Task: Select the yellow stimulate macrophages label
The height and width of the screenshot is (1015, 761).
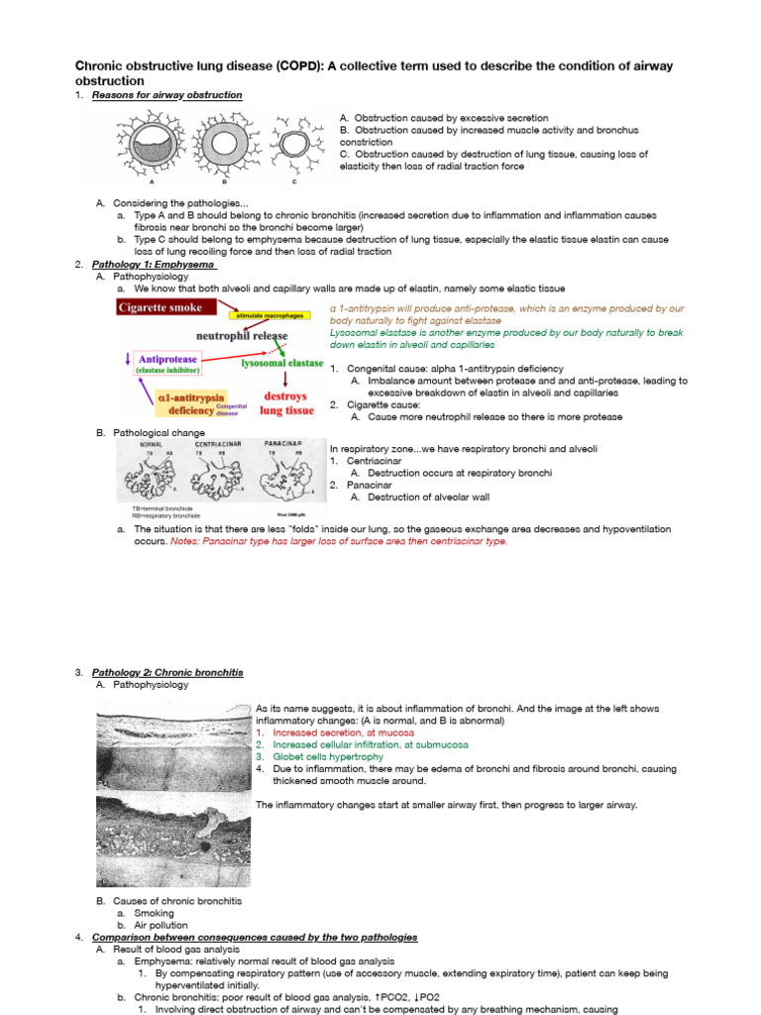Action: point(272,315)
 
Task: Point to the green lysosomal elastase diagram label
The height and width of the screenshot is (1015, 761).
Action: point(281,363)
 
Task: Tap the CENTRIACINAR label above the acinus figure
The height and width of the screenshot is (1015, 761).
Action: point(217,446)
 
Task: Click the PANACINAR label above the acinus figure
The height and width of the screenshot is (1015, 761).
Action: point(288,446)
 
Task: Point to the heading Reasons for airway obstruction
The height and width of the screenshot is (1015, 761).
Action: point(166,95)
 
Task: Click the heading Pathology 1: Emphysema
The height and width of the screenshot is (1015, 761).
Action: point(154,265)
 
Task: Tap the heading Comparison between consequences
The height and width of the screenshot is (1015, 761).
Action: point(254,937)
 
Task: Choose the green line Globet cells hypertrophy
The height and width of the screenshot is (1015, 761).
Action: point(322,756)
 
